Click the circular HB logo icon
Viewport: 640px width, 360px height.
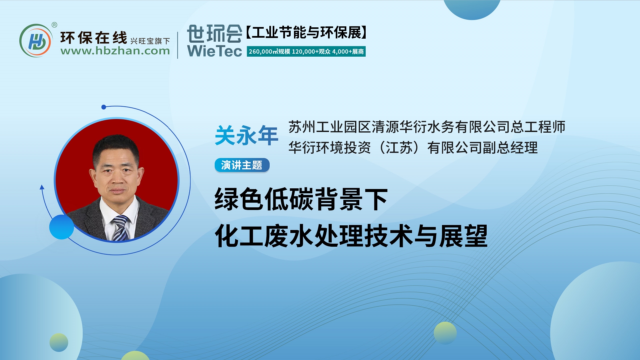(36, 41)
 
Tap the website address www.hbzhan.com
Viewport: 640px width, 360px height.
(115, 51)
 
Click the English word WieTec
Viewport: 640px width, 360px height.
(214, 51)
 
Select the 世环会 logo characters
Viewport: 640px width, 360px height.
(214, 34)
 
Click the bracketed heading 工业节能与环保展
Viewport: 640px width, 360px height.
(306, 33)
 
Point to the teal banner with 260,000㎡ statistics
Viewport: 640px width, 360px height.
(306, 52)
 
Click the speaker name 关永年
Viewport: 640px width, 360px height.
(246, 136)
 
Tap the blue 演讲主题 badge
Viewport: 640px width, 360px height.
(242, 165)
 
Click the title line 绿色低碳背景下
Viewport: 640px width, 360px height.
(301, 199)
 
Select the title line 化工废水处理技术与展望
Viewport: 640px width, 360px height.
(351, 236)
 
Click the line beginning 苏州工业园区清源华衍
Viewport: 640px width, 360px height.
(427, 127)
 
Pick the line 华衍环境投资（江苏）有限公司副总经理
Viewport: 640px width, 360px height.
(413, 148)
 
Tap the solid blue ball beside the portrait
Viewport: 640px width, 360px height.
(62, 227)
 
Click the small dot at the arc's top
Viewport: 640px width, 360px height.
(104, 107)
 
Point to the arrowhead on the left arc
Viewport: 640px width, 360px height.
(42, 187)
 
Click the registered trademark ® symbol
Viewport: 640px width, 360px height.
(54, 25)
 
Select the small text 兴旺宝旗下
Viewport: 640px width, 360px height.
(150, 41)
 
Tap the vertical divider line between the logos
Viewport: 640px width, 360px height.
(178, 45)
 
